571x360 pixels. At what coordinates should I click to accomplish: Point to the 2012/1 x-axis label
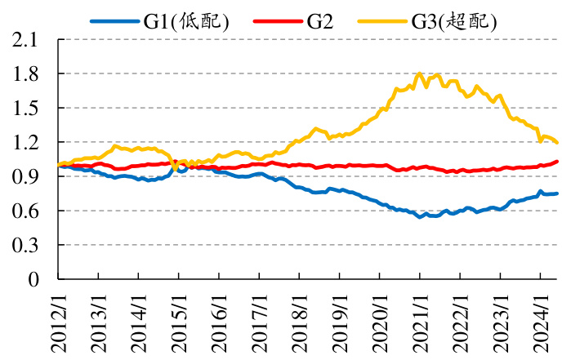(58, 323)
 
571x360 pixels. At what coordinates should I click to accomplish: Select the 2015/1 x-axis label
(179, 323)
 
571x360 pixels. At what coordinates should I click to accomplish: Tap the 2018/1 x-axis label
(300, 323)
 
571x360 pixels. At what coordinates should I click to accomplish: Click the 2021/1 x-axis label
(420, 323)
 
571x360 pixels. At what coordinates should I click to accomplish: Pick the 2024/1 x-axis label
(541, 323)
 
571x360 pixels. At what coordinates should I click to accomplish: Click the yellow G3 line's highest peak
(420, 73)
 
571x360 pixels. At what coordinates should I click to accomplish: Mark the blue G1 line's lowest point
(420, 217)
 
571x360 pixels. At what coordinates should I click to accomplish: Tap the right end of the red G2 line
(558, 162)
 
